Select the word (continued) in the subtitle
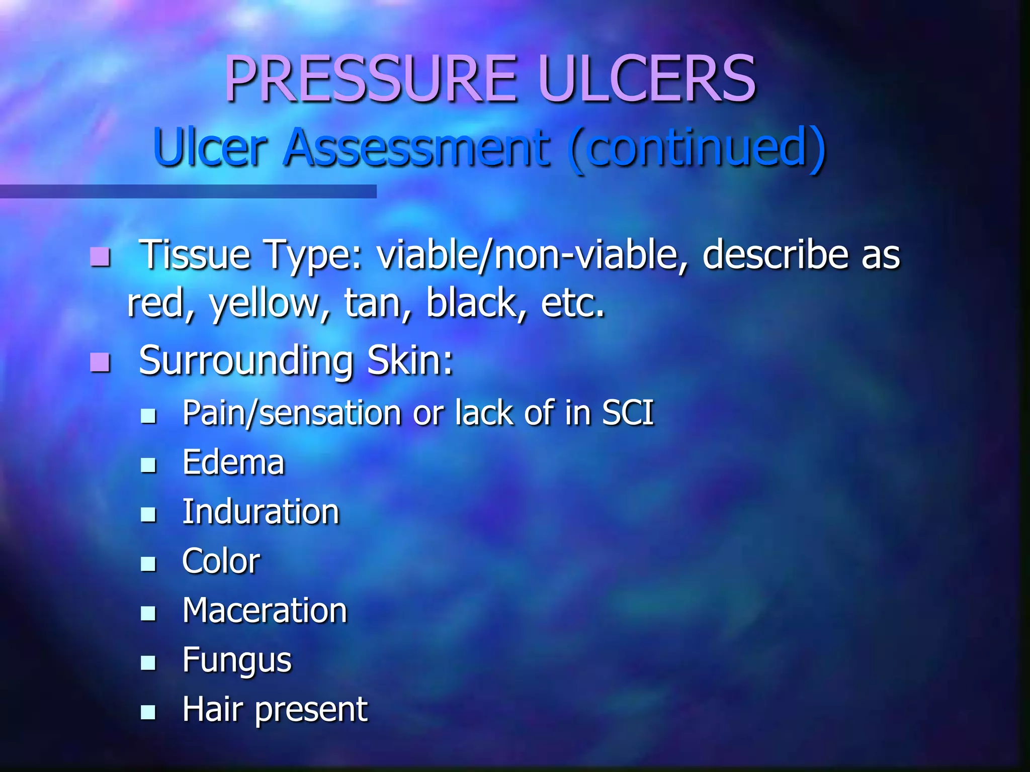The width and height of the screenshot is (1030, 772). point(697,148)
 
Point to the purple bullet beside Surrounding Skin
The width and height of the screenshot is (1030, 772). point(100,362)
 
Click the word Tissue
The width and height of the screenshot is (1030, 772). point(194,255)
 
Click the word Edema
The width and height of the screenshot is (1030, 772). point(233,462)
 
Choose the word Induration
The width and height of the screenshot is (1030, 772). point(261,512)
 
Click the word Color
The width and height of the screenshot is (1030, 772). point(221,561)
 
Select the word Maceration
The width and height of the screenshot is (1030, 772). point(265,610)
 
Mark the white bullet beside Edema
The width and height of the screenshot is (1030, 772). point(148,465)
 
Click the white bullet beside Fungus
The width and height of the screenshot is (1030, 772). point(148,663)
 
